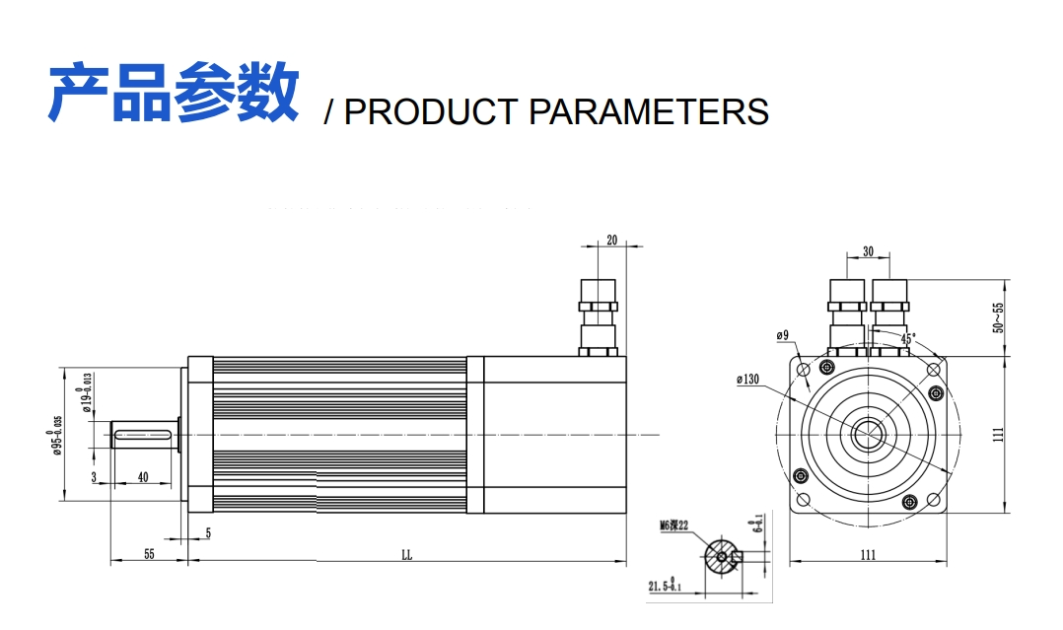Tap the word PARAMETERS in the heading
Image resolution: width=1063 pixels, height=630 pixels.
click(x=648, y=111)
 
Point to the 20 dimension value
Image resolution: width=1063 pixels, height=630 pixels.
click(x=611, y=240)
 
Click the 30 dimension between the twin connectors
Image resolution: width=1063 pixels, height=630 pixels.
click(x=868, y=251)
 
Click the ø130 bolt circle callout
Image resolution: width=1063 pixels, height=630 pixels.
click(x=747, y=379)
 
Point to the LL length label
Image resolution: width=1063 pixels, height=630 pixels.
click(x=406, y=555)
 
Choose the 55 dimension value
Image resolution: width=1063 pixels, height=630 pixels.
click(x=149, y=555)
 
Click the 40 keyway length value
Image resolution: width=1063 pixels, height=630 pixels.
click(x=143, y=477)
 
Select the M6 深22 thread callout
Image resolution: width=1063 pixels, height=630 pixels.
click(x=673, y=525)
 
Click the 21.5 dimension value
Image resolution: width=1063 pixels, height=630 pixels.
click(x=661, y=587)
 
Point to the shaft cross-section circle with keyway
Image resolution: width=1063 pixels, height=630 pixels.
click(x=724, y=557)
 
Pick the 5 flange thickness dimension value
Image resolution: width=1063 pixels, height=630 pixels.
click(x=208, y=533)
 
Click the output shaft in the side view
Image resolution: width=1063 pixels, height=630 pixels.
click(x=145, y=435)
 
